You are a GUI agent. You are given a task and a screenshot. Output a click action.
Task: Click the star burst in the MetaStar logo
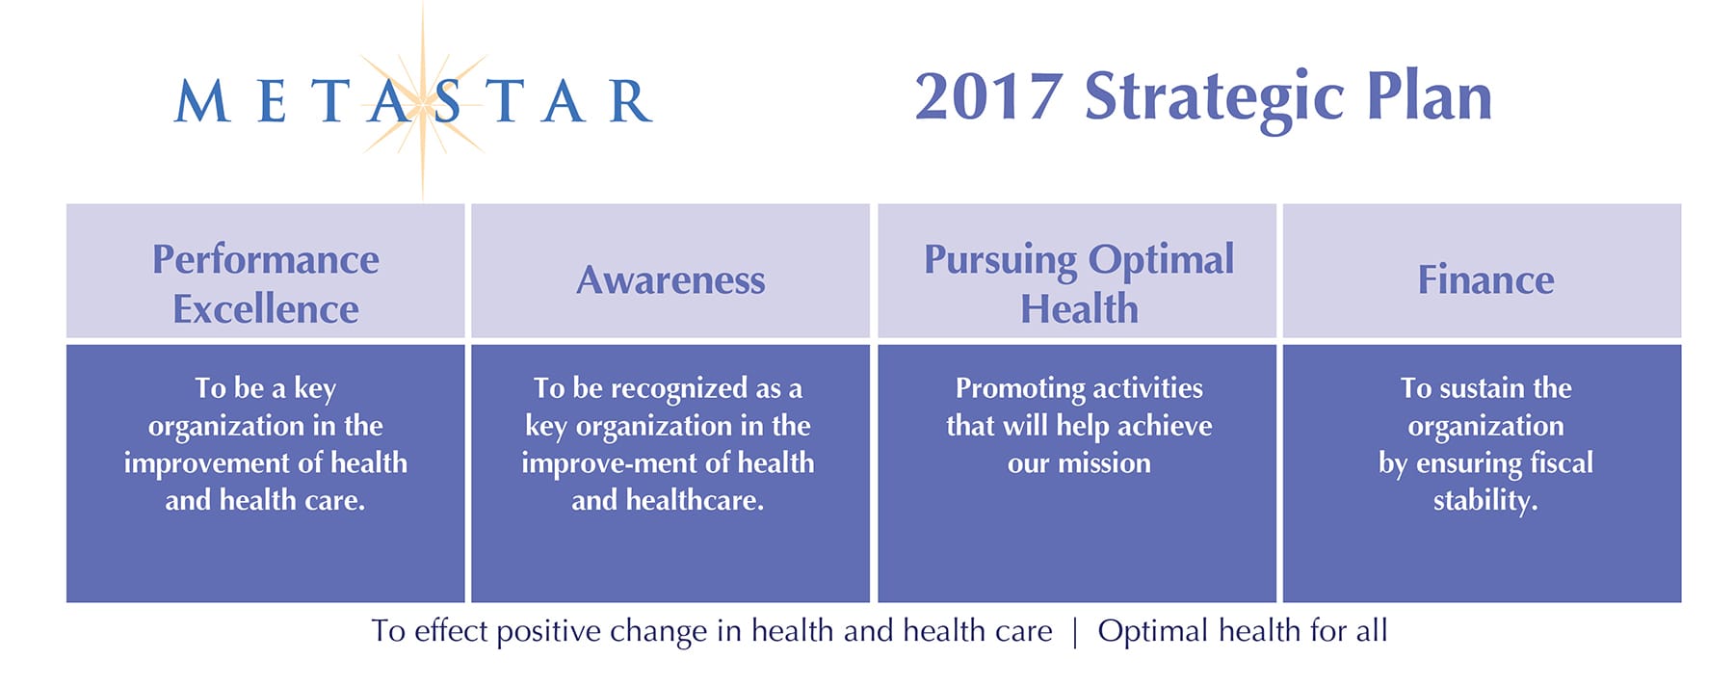(423, 101)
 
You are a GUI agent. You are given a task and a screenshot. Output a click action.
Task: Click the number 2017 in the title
(988, 97)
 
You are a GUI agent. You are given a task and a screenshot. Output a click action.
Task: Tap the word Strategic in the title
(1214, 100)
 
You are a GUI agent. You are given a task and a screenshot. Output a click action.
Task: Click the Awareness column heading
(670, 280)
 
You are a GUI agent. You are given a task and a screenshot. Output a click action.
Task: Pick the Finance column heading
(1485, 279)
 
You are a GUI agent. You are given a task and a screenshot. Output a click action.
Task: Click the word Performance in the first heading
(266, 259)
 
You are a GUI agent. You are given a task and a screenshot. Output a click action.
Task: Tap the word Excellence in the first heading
(266, 309)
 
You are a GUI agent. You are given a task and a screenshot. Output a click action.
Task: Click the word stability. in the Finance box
(1484, 501)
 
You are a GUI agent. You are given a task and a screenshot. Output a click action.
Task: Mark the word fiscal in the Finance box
(1562, 463)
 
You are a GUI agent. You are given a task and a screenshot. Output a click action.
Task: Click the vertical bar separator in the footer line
(1075, 632)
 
